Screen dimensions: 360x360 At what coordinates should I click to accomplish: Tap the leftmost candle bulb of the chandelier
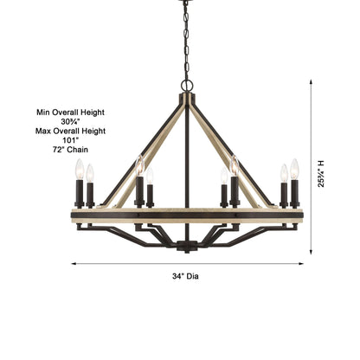pyautogui.click(x=78, y=169)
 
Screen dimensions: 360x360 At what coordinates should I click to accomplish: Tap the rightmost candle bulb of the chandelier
pyautogui.click(x=294, y=168)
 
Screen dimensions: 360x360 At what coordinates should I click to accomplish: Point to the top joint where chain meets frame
pyautogui.click(x=184, y=87)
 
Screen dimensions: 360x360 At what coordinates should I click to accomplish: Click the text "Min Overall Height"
pyautogui.click(x=70, y=112)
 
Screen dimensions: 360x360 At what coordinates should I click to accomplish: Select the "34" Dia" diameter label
pyautogui.click(x=185, y=275)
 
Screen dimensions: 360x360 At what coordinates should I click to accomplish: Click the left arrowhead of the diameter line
pyautogui.click(x=74, y=264)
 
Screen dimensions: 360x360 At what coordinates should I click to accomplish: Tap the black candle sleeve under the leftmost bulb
pyautogui.click(x=78, y=193)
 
